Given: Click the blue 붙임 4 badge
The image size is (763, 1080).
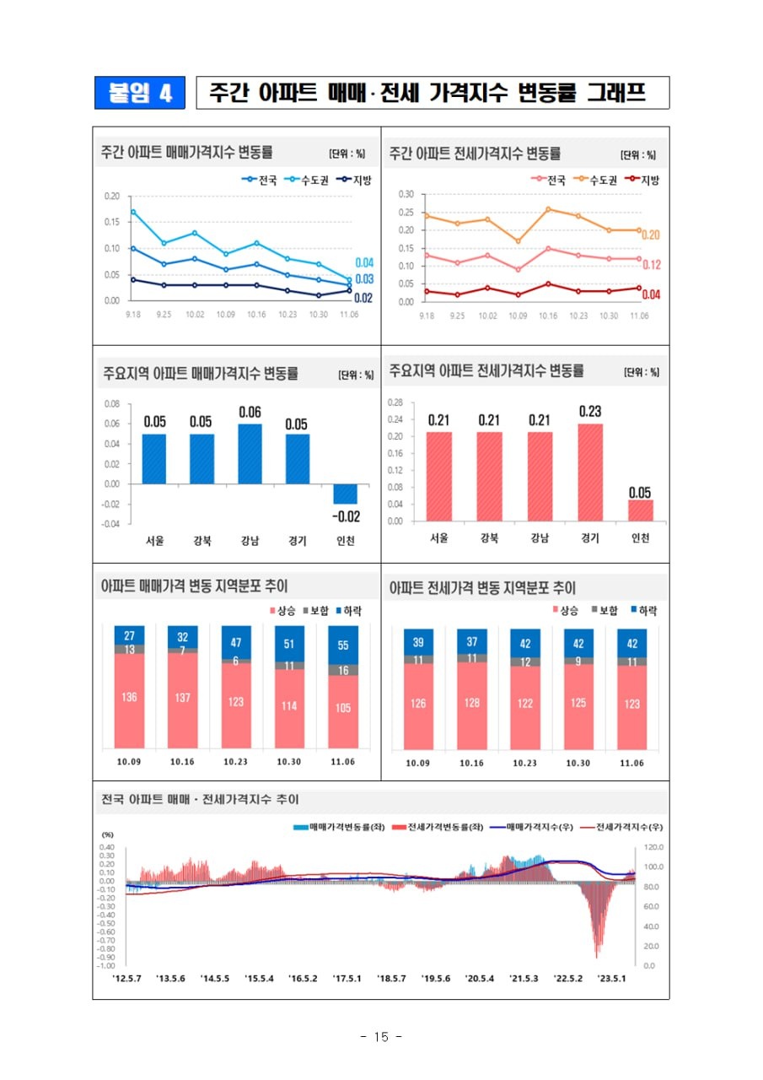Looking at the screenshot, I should pos(139,93).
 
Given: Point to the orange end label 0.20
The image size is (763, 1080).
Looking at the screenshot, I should pos(650,235).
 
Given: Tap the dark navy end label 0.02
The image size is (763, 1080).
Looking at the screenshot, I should pos(363,298).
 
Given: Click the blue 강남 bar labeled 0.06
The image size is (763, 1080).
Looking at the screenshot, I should pos(250,454).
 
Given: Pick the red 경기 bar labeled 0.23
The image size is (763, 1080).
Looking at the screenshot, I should pos(590,472).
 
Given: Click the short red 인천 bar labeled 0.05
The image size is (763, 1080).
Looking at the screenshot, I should pos(640,510).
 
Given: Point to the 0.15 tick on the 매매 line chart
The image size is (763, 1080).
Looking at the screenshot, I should pos(112,222).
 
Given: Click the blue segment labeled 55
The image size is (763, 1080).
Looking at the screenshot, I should pos(343,645).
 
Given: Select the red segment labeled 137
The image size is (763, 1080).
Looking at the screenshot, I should pos(182,699).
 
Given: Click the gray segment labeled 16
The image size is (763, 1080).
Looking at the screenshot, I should pos(343,670).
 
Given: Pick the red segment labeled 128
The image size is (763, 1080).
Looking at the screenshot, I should pos(472,704).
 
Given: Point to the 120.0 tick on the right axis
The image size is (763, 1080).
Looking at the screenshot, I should pos(655,847).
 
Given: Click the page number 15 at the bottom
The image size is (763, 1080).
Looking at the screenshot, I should pos(381,1037).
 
